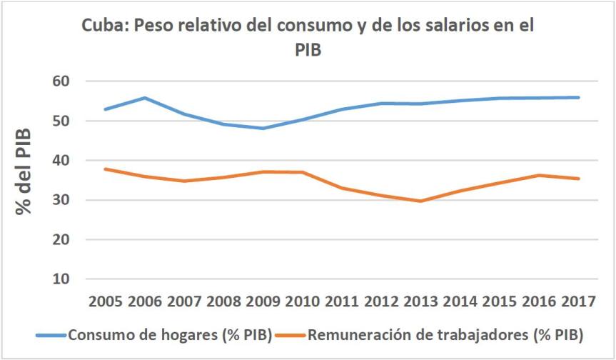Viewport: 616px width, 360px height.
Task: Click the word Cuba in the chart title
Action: pos(101,26)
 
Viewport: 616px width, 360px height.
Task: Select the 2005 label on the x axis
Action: pos(106,301)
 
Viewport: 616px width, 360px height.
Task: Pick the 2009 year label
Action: pos(263,301)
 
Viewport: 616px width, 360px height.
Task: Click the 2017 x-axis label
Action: pos(577,301)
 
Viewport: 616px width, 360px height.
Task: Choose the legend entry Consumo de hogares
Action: pos(169,334)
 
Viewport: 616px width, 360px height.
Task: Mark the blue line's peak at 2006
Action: pos(145,98)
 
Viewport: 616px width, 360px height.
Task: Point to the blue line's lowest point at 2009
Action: pos(263,129)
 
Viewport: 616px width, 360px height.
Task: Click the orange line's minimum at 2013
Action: pos(420,201)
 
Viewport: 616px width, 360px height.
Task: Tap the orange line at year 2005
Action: pos(106,169)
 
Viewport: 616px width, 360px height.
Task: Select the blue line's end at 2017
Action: pos(578,97)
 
